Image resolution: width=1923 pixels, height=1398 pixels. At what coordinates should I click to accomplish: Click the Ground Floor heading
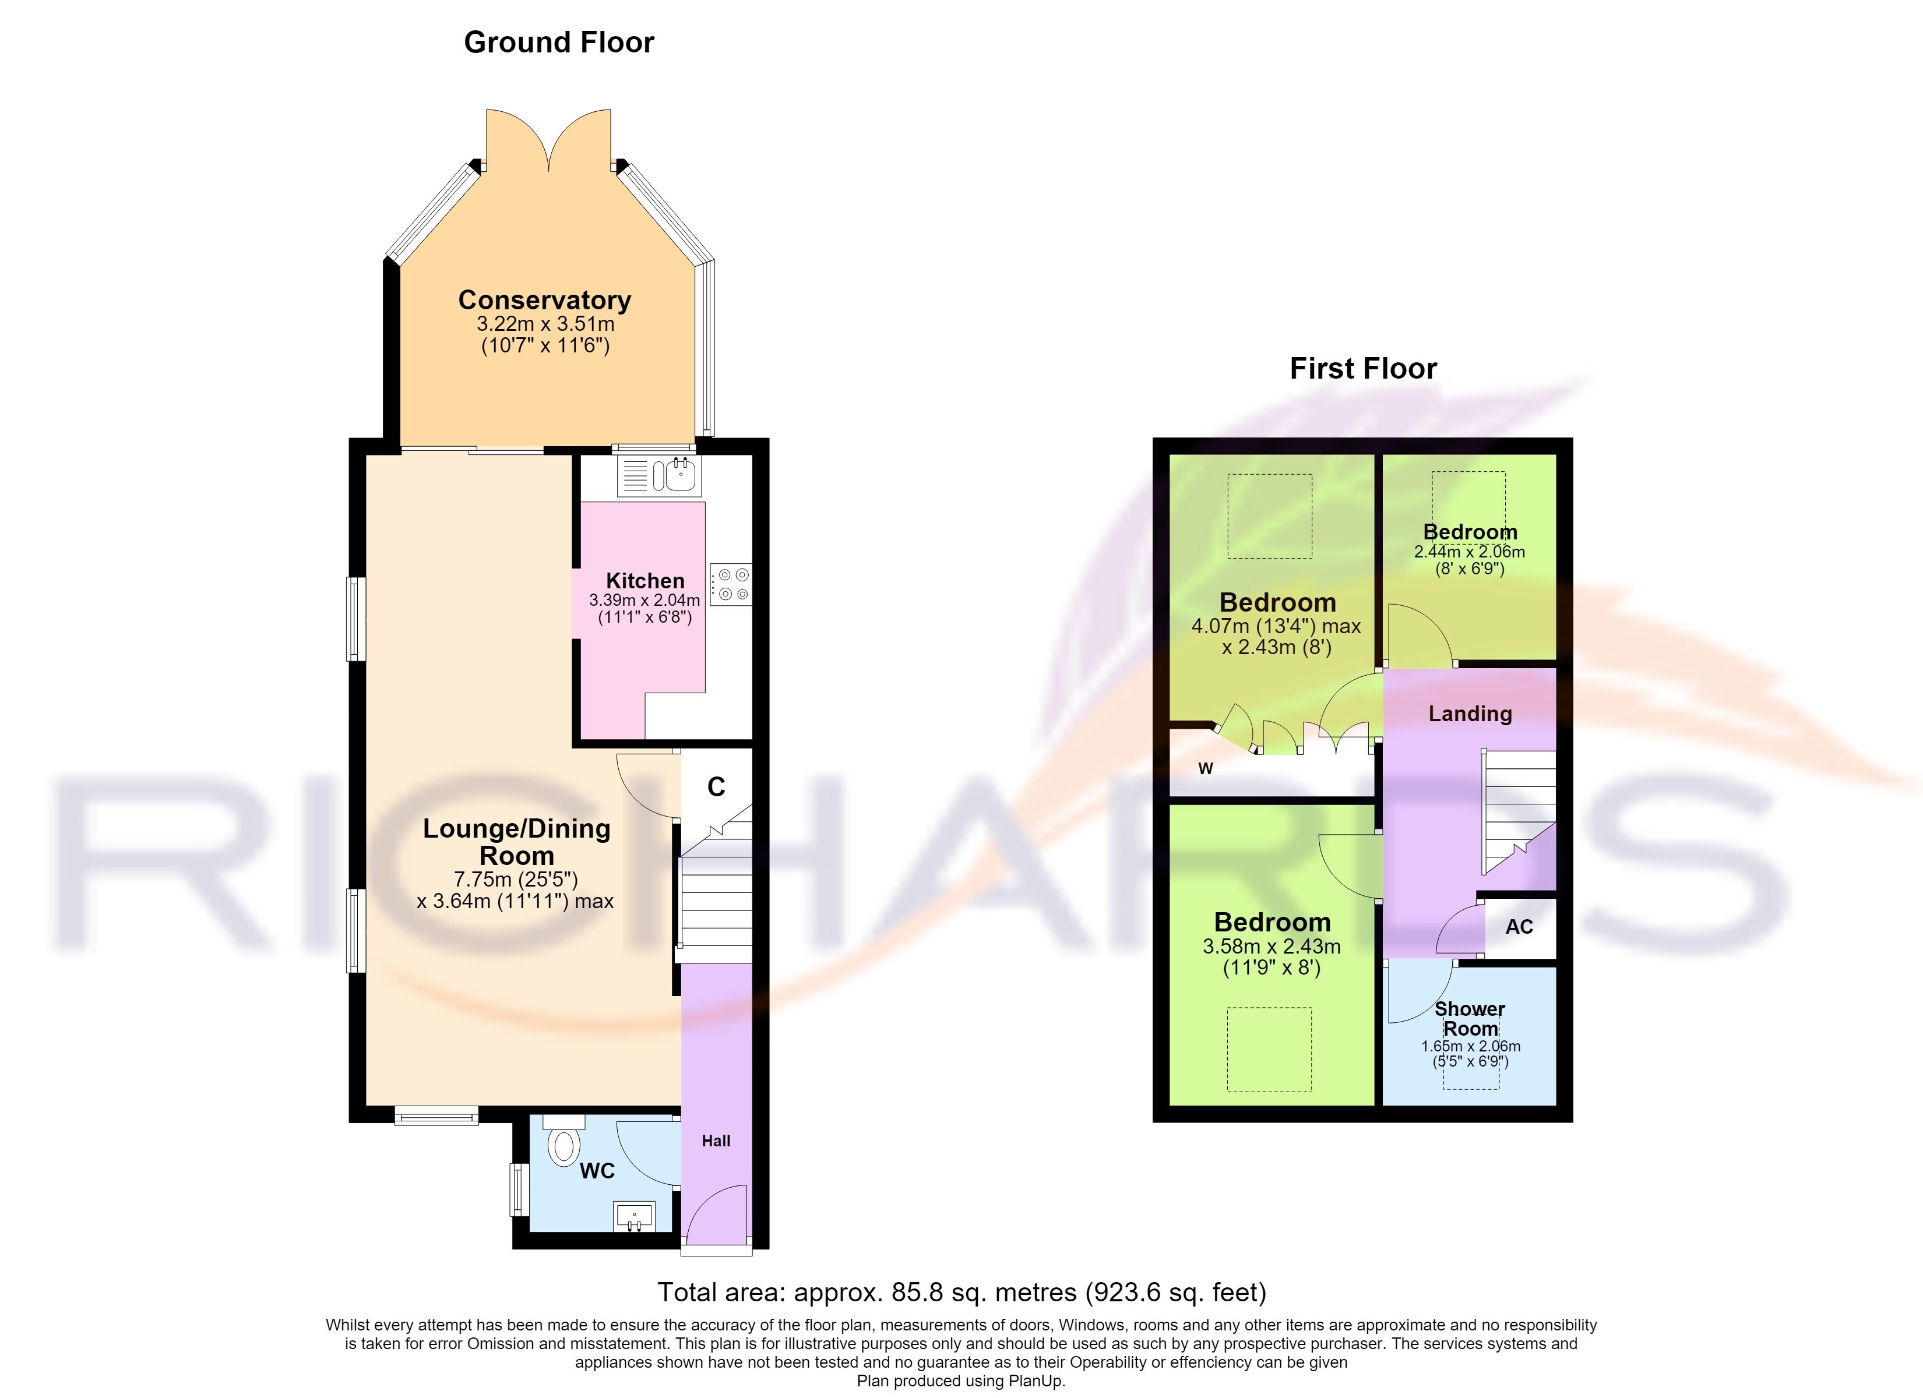click(x=559, y=43)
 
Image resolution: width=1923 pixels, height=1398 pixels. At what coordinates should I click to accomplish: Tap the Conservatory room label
click(x=544, y=300)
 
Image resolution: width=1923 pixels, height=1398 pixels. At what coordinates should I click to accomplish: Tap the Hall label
click(x=716, y=1141)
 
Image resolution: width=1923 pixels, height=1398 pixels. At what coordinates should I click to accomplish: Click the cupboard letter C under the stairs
click(x=716, y=787)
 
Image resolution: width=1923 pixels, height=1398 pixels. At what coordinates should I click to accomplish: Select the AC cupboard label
click(x=1519, y=927)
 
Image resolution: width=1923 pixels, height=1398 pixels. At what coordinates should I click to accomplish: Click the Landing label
click(x=1470, y=714)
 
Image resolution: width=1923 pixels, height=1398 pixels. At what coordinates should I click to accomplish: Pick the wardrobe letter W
click(x=1206, y=769)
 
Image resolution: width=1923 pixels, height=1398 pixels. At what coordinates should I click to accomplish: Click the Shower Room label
click(x=1470, y=1019)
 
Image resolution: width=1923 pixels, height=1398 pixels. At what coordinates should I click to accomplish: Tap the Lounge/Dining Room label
click(x=516, y=842)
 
